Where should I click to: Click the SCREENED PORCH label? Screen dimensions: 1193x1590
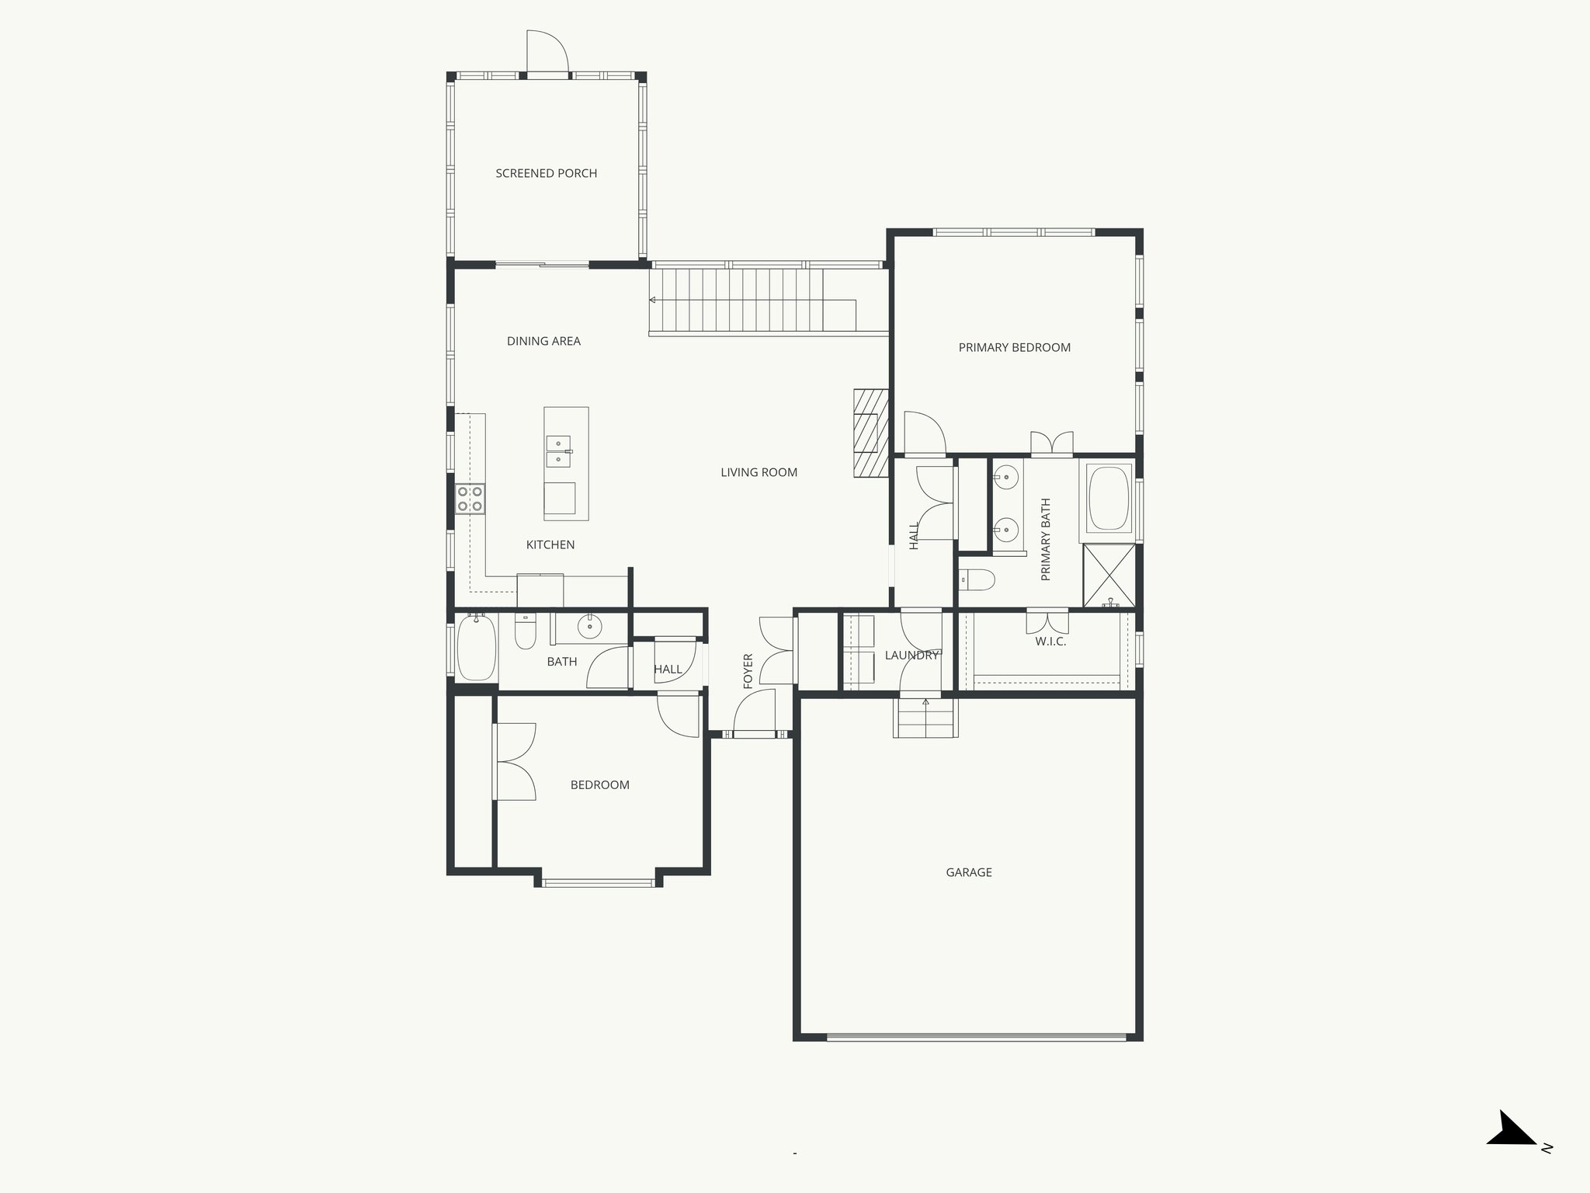[546, 173]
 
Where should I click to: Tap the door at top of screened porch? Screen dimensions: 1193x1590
[547, 53]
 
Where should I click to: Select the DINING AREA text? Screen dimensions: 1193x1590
[543, 341]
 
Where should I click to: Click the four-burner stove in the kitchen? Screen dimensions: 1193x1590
[470, 499]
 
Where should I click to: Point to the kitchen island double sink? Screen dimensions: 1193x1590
[558, 451]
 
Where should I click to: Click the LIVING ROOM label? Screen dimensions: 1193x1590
[759, 472]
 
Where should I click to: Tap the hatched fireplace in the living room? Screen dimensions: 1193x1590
[871, 433]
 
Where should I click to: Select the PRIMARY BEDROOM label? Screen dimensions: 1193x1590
[1014, 347]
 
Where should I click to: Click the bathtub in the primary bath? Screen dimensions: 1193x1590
[1109, 498]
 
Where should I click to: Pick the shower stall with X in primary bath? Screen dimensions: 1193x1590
[1109, 576]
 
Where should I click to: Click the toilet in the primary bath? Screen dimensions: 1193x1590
[977, 579]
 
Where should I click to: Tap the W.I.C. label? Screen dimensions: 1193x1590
[1050, 642]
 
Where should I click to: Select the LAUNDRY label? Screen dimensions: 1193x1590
[911, 656]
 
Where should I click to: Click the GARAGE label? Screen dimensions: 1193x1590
[968, 872]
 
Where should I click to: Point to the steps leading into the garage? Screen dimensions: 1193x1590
[925, 718]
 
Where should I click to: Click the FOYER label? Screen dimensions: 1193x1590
[748, 670]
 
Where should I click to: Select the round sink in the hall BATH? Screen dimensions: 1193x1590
[590, 626]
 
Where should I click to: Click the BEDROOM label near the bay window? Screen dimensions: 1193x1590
[599, 784]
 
